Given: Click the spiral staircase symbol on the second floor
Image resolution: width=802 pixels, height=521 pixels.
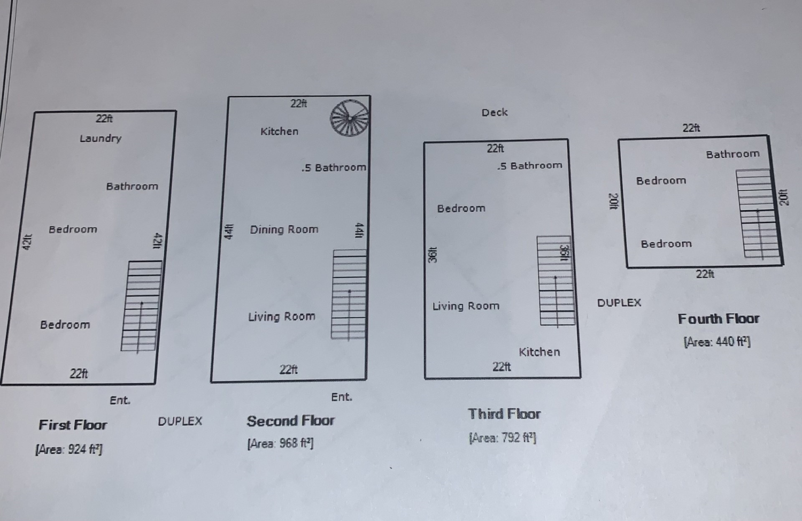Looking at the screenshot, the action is click(349, 118).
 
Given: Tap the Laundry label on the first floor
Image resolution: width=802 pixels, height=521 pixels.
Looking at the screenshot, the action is click(101, 138).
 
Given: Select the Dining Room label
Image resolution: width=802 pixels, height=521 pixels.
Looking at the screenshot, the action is click(284, 229).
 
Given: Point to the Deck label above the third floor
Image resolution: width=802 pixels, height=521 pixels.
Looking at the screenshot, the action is click(495, 112).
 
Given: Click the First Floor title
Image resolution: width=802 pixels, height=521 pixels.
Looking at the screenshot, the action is click(73, 425).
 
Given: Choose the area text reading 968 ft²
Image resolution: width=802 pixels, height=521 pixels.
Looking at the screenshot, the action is click(280, 443).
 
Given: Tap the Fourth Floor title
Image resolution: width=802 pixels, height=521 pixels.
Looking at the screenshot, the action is click(718, 319).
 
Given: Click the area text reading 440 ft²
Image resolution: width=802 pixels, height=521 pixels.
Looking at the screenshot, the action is click(716, 342).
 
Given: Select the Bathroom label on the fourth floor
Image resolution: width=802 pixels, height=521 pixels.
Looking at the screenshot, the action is click(732, 154).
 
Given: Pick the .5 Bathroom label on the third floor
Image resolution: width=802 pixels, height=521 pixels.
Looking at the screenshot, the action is click(529, 166).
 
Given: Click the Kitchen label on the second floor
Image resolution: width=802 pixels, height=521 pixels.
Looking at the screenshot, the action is click(279, 131).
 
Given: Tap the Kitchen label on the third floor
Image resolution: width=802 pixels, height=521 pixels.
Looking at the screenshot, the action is click(539, 352).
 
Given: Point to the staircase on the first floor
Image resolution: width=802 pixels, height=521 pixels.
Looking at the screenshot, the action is click(142, 306).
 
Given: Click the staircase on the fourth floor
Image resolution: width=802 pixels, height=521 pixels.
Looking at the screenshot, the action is click(758, 214).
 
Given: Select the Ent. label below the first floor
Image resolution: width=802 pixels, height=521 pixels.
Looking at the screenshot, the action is click(120, 400).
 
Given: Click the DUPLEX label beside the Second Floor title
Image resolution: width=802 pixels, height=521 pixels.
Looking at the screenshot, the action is click(180, 422).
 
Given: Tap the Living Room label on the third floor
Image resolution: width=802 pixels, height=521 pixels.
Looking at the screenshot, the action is click(466, 306).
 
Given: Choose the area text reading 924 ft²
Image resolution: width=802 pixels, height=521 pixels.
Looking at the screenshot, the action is click(69, 449).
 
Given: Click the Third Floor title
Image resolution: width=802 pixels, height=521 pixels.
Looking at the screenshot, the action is click(504, 414).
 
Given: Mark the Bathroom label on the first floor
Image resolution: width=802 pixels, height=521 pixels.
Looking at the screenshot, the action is click(132, 186).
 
